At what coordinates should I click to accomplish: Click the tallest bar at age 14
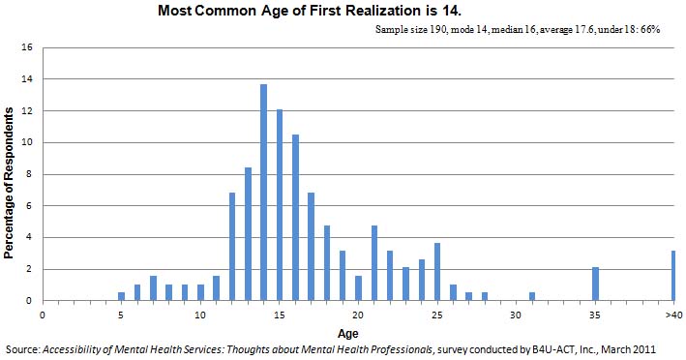[263, 193]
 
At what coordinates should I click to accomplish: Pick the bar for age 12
[232, 247]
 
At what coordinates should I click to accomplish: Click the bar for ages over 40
[673, 276]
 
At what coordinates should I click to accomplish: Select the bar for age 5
[122, 296]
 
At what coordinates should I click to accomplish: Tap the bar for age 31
[532, 296]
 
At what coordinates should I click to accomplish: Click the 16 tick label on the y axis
[28, 47]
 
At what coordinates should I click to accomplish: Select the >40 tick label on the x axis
[672, 315]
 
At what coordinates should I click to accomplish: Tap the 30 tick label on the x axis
[517, 315]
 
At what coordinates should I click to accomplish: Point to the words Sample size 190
[407, 30]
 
